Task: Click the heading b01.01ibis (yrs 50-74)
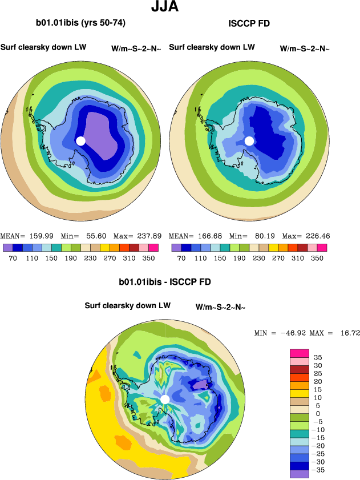[80, 23]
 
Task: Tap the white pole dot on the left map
[80, 141]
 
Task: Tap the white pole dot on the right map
[249, 141]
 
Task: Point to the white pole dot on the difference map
[165, 400]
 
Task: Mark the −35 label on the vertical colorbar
[317, 470]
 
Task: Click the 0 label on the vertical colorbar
[318, 414]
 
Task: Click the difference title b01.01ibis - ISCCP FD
[165, 282]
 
